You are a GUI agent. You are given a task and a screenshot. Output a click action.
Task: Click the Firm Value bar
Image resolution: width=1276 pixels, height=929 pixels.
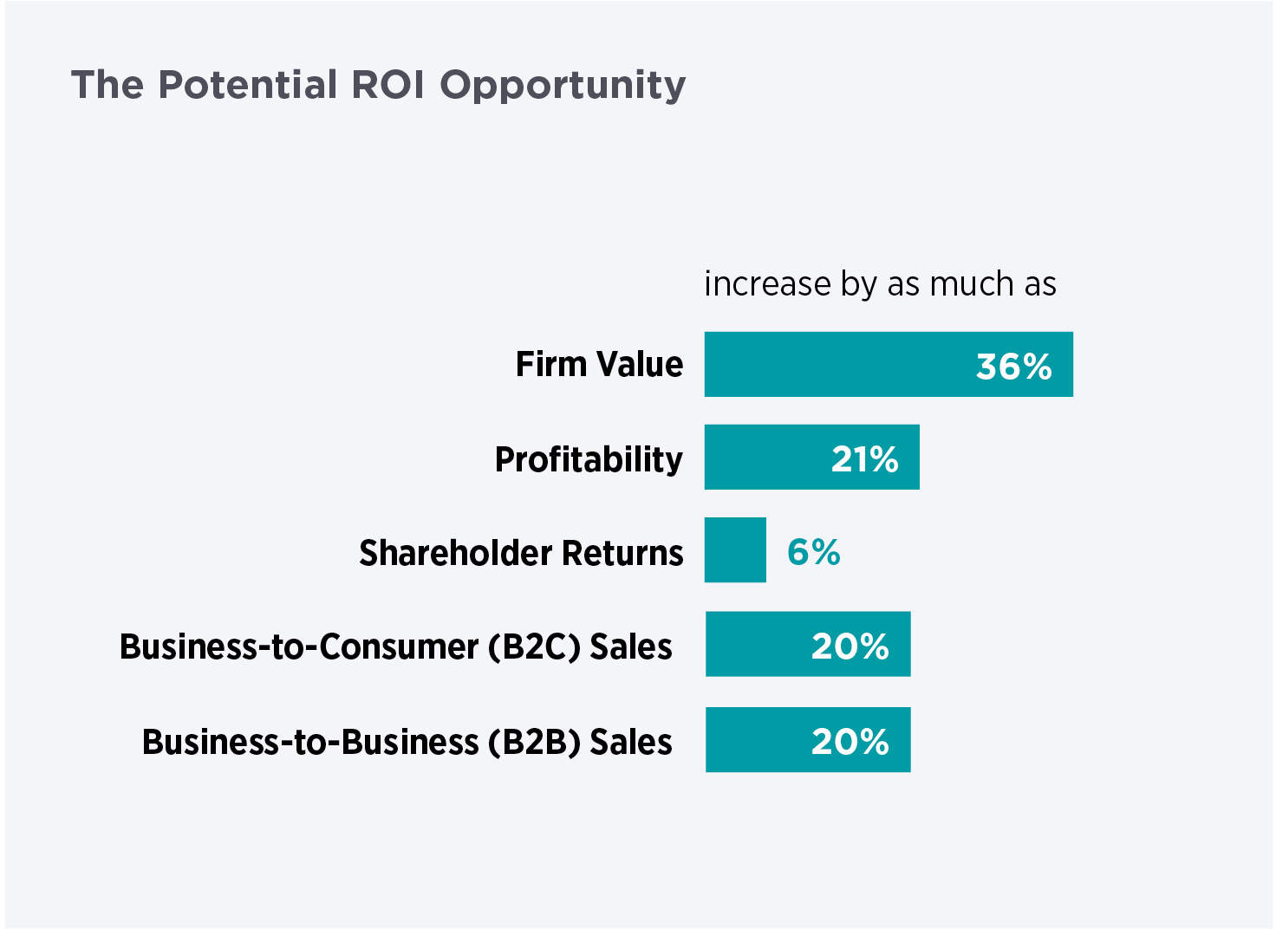[x=888, y=364]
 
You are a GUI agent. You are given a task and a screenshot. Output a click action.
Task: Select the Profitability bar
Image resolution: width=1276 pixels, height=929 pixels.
[x=811, y=458]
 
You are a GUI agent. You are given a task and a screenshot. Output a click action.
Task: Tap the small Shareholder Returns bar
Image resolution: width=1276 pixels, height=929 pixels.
[x=735, y=550]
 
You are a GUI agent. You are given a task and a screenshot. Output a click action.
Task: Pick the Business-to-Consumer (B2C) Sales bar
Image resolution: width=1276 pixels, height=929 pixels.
[x=807, y=644]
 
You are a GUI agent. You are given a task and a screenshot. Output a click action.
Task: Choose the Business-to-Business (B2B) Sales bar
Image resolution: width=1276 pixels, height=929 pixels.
[x=807, y=739]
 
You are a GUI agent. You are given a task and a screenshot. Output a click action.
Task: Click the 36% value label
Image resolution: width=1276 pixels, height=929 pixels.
[x=1013, y=367]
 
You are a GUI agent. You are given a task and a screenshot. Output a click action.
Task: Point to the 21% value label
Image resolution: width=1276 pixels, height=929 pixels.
[x=864, y=459]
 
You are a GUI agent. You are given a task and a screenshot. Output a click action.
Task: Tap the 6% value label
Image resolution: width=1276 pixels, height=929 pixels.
[x=813, y=552]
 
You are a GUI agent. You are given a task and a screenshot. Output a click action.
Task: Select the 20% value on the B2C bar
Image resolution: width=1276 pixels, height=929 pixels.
[x=850, y=646]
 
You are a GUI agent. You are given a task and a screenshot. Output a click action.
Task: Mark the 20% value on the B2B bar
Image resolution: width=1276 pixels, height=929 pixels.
[x=850, y=742]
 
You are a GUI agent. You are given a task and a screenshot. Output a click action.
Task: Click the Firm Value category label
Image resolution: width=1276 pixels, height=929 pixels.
[x=599, y=364]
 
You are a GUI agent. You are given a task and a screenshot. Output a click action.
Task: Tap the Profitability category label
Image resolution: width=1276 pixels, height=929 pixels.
[x=589, y=459]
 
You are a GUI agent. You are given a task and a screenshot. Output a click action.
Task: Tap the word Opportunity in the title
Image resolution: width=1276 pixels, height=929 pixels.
[x=563, y=86]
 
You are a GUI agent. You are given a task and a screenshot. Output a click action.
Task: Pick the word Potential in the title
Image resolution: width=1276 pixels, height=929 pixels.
[x=248, y=85]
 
